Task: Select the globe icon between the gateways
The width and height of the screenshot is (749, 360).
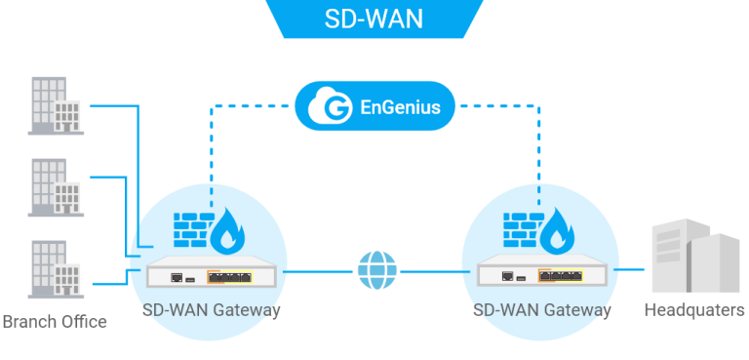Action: click(x=376, y=269)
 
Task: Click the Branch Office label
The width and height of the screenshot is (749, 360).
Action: click(x=55, y=321)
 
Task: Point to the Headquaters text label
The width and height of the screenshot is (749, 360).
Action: click(x=694, y=310)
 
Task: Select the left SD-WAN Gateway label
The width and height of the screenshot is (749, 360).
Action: click(x=211, y=310)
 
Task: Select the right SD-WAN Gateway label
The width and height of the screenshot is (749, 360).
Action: click(x=542, y=310)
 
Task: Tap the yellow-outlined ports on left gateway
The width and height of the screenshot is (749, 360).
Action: click(x=229, y=278)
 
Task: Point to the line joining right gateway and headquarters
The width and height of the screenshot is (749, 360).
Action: click(x=633, y=269)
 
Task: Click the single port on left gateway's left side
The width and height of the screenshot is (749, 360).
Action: click(x=175, y=278)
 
